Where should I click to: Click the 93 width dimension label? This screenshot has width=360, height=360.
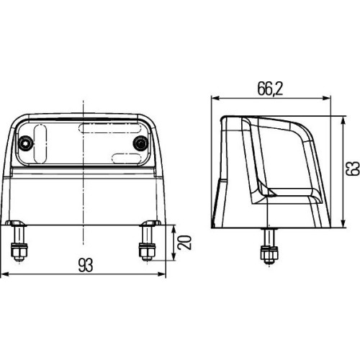click(x=86, y=265)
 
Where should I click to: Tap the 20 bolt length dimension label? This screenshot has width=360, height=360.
click(x=184, y=243)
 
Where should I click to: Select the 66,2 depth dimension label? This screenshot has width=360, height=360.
click(x=271, y=89)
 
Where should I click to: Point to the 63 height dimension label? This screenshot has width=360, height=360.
click(x=353, y=168)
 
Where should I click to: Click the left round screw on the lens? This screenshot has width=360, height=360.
click(x=26, y=143)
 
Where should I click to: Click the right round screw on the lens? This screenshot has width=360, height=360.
click(x=140, y=143)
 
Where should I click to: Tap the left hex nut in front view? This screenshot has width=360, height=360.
click(x=19, y=251)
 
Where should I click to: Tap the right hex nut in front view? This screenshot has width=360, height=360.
click(x=148, y=251)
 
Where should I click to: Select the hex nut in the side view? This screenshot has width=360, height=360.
click(x=269, y=254)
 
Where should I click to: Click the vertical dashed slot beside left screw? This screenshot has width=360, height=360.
click(x=40, y=144)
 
